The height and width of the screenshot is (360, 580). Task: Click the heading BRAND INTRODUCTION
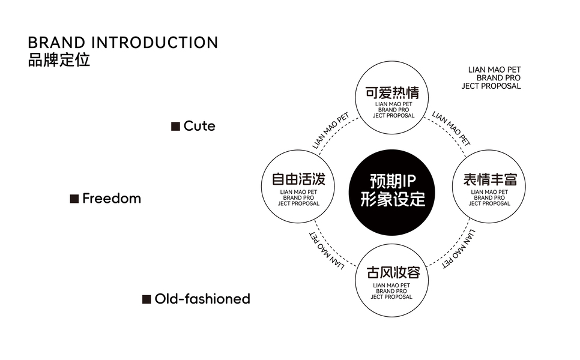pos(123,43)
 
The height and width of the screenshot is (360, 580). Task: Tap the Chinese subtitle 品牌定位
pos(59,60)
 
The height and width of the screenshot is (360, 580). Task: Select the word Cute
pos(199,126)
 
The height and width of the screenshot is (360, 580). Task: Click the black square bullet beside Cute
pos(175,127)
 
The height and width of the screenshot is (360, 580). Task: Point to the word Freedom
pos(112,199)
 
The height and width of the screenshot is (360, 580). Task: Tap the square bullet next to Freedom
pos(74,199)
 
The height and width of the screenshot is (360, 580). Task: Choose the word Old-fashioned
pos(202,299)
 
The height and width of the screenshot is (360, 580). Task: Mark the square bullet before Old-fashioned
pos(147,299)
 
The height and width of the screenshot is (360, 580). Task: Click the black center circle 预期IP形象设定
pos(392,192)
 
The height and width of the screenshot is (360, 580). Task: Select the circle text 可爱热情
pos(392,92)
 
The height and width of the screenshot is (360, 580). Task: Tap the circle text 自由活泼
pos(298,179)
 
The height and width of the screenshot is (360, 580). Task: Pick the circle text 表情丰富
pos(490,179)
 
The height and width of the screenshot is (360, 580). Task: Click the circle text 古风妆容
pos(393,272)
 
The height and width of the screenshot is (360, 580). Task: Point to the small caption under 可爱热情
pos(394,110)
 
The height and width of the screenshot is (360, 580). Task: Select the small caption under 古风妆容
pos(391,291)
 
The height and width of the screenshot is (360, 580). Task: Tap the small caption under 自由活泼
pos(298,198)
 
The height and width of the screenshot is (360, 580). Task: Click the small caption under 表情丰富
pos(489,198)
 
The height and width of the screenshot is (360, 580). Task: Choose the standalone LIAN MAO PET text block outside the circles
pos(491,77)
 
